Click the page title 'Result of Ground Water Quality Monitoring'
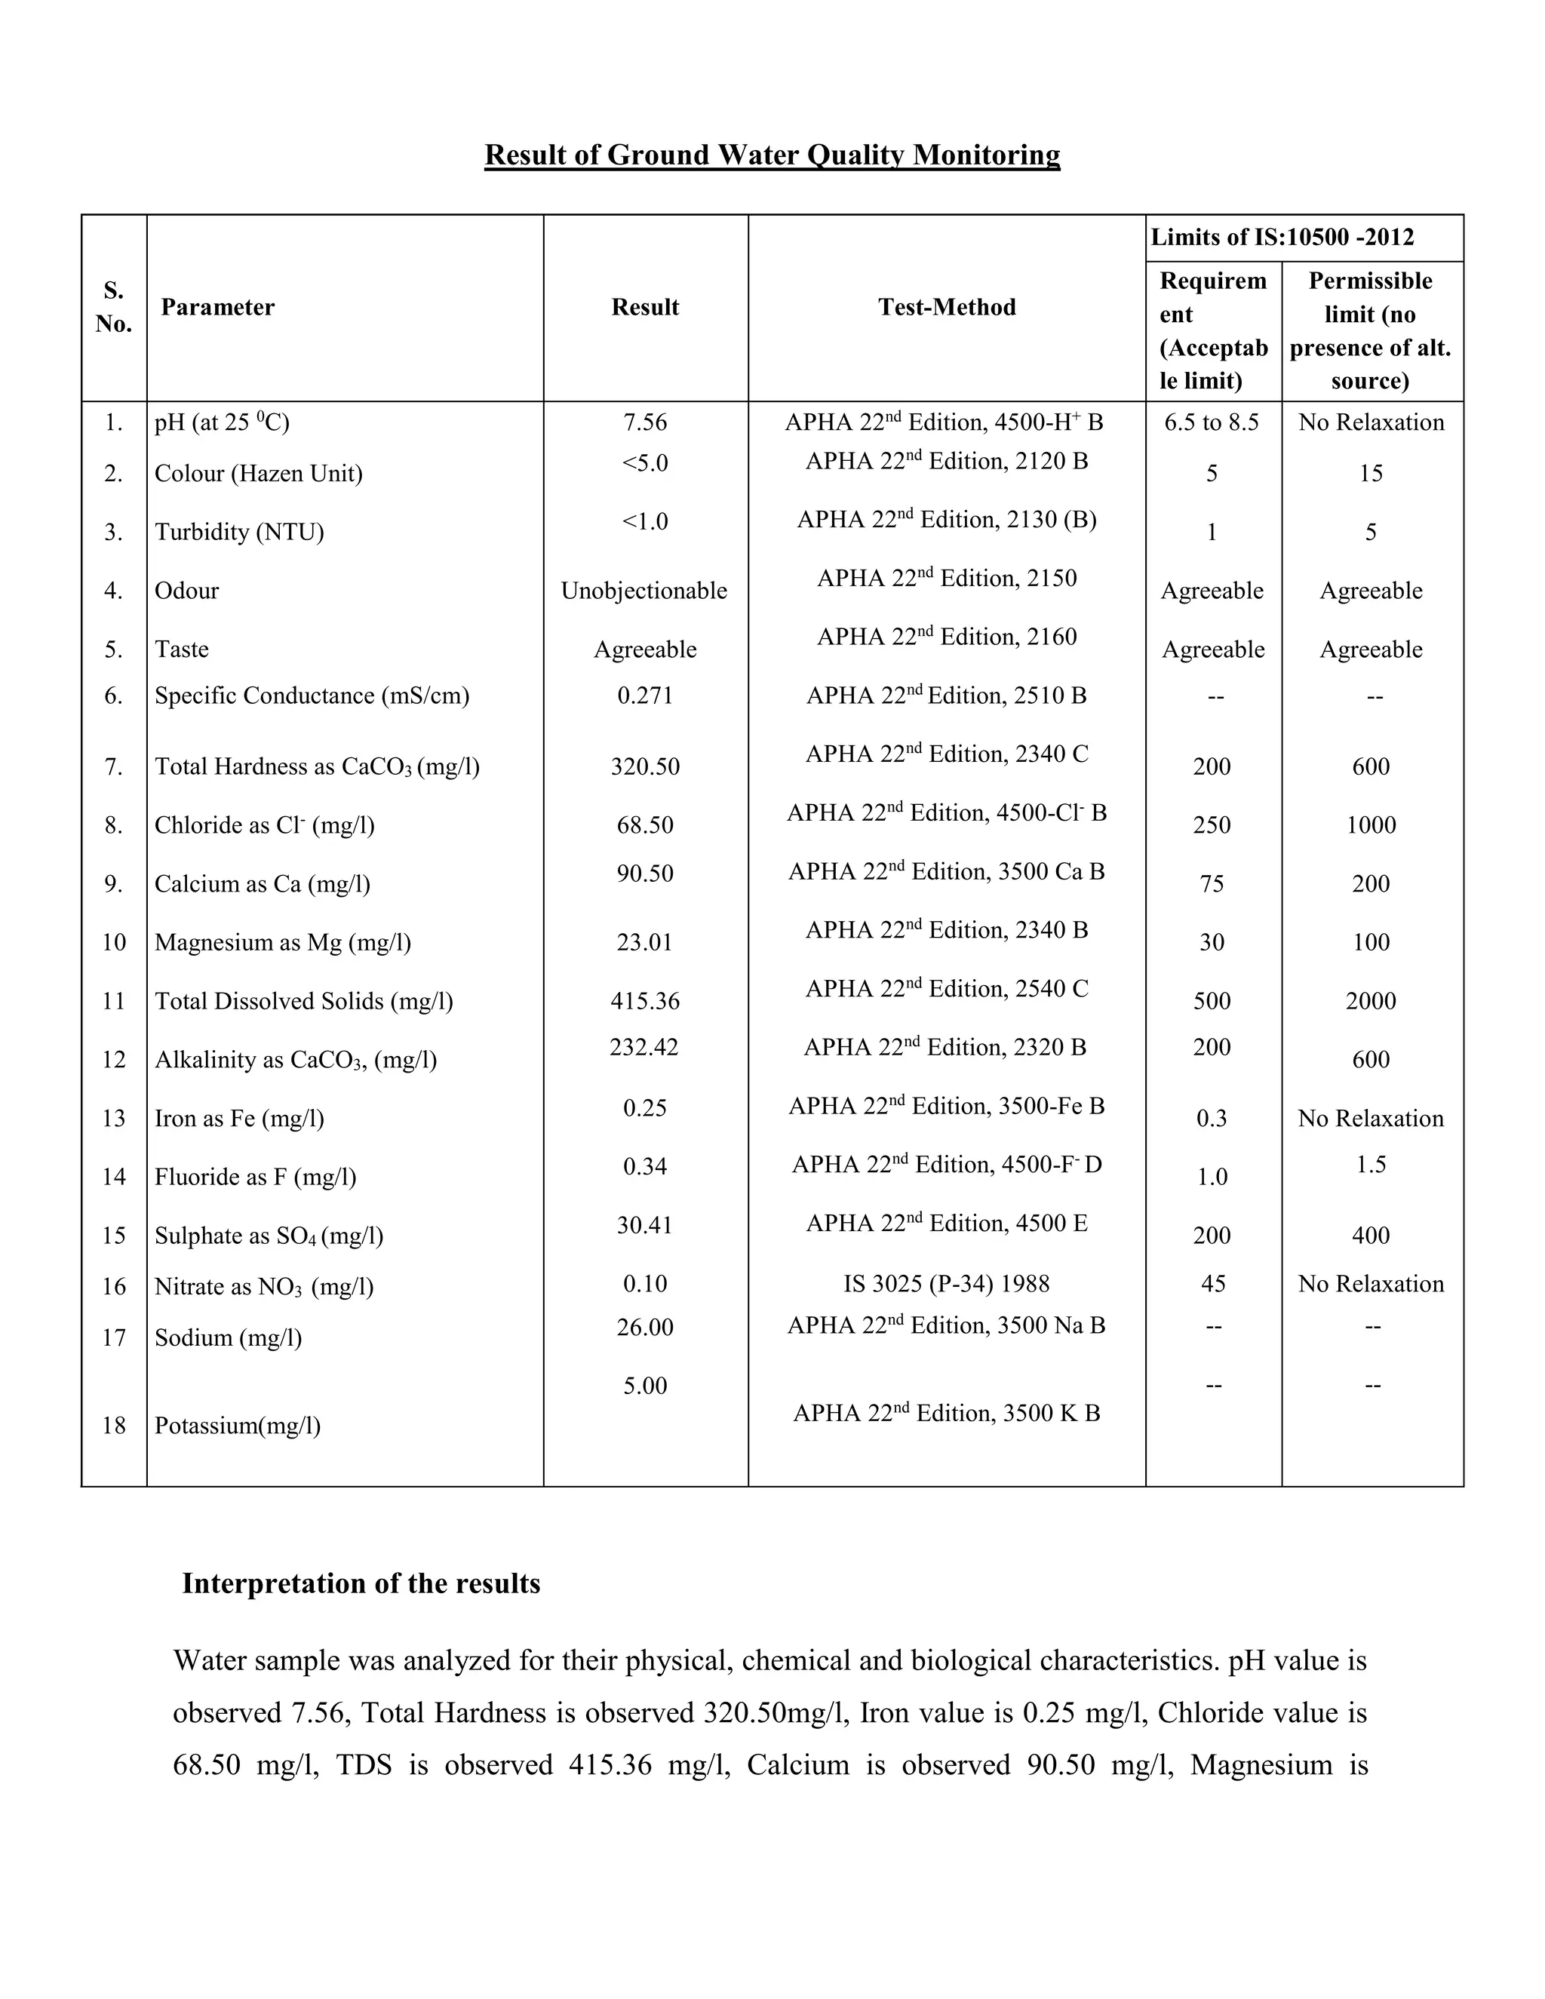(772, 155)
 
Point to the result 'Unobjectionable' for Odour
(643, 591)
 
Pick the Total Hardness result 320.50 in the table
(644, 766)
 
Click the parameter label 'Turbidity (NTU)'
(239, 532)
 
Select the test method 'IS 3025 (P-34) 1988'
(947, 1283)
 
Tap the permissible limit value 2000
(1370, 1000)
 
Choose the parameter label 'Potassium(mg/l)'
(237, 1425)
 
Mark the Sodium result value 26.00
(644, 1327)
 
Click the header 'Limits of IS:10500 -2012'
(1282, 238)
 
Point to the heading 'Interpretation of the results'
(361, 1583)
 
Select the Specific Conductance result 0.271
(644, 696)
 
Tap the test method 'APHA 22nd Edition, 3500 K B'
(947, 1413)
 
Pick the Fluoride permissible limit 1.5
(1370, 1164)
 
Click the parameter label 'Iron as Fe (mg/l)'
(239, 1119)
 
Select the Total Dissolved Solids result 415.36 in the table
(644, 1000)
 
